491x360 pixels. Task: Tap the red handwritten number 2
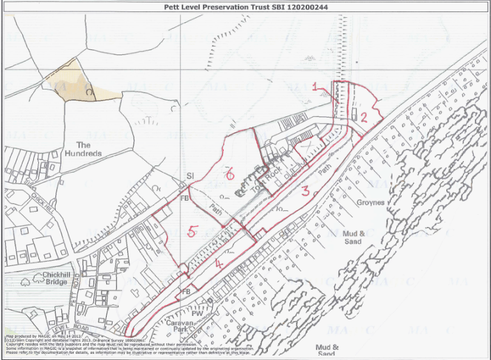362,116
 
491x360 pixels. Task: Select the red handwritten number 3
306,190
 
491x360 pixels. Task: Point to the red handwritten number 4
219,262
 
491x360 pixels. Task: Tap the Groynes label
370,203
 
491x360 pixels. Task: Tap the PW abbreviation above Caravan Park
198,314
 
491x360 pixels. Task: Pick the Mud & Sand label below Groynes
353,237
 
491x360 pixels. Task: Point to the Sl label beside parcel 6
189,175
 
